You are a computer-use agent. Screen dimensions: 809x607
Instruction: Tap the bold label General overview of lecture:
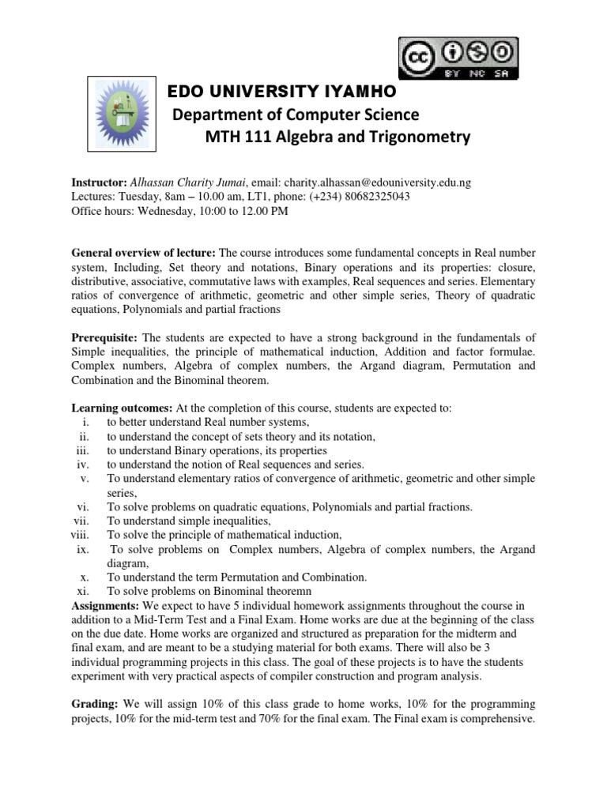[143, 253]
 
